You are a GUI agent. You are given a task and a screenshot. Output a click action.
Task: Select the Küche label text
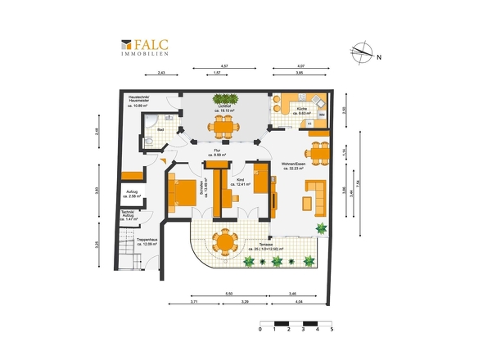302,110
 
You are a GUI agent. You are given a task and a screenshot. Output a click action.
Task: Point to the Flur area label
219,153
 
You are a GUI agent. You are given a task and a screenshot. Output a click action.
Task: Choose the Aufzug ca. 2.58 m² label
132,196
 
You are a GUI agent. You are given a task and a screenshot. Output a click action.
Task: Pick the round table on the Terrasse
224,242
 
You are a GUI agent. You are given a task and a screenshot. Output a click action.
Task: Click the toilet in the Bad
147,142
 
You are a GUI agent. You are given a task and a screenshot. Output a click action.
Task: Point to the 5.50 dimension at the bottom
229,293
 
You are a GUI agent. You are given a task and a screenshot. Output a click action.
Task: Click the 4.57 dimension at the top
223,66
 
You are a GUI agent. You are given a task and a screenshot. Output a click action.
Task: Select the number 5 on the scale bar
332,331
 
